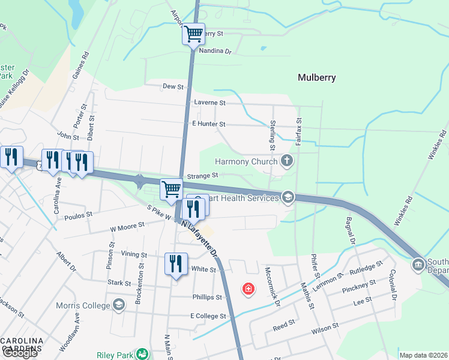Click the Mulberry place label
pos(316,77)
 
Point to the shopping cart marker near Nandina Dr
pos(193,34)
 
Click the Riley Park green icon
pos(142,355)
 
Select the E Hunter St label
pos(208,124)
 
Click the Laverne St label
pos(209,103)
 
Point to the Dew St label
pos(173,86)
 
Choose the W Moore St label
pos(127,225)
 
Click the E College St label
pos(208,316)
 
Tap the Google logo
pos(19,353)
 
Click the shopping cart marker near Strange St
pos(172,190)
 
